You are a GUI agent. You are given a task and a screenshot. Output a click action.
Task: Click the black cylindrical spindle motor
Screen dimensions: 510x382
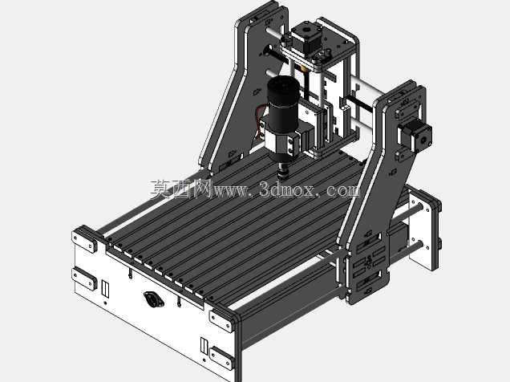[x=283, y=104]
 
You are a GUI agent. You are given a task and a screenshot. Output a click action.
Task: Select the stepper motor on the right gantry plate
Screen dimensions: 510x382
[x=415, y=136]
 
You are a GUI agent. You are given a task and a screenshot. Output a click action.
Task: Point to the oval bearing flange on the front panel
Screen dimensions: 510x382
[x=154, y=299]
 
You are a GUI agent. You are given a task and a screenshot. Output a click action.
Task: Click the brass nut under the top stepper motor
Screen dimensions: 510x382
[x=304, y=69]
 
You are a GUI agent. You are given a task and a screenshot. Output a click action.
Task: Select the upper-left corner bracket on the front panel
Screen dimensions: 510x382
[x=84, y=240]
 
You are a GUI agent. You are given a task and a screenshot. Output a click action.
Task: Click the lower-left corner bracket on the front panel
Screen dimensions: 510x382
[x=84, y=278]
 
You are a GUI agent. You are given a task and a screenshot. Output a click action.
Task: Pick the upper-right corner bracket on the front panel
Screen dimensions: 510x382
[x=222, y=320]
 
